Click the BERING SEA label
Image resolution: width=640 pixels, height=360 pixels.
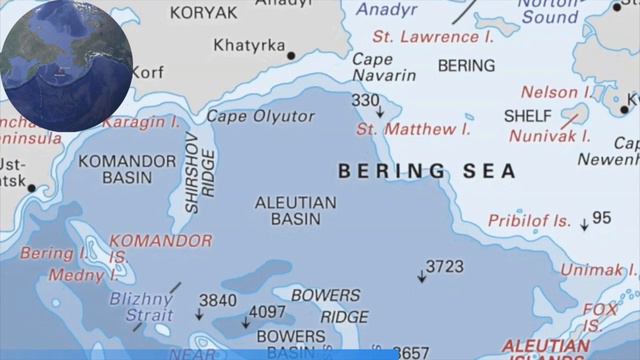pos(427,171)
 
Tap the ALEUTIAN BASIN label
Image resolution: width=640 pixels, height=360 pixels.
pos(295,210)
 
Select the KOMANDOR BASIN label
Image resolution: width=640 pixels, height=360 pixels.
pos(127,169)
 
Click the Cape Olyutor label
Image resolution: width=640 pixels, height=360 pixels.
pos(260,117)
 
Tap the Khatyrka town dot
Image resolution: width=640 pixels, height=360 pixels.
pos(292,55)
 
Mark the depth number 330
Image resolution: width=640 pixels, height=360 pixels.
pos(365,100)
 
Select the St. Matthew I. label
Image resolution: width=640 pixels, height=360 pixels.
pos(413,129)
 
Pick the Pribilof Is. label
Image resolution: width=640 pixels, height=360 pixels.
pos(529,220)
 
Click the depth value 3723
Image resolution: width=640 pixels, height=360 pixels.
pos(444,266)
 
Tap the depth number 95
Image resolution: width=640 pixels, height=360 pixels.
pos(601,218)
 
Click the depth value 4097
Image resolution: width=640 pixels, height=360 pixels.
pos(267,311)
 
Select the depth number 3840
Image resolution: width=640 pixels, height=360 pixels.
pos(217,300)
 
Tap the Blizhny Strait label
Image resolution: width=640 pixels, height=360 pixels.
pos(141,306)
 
